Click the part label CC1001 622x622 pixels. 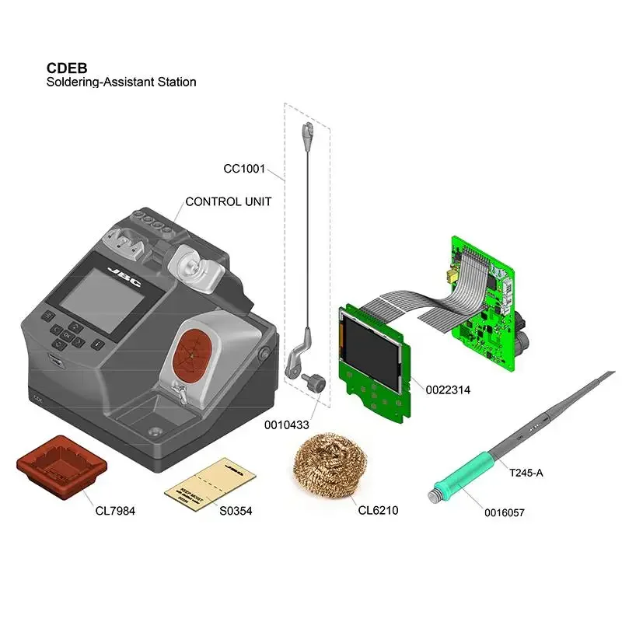pyautogui.click(x=244, y=168)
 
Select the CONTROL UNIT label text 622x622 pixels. pyautogui.click(x=228, y=201)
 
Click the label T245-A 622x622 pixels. pyautogui.click(x=526, y=472)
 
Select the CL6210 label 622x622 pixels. pyautogui.click(x=379, y=511)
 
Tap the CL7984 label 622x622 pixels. pyautogui.click(x=115, y=511)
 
